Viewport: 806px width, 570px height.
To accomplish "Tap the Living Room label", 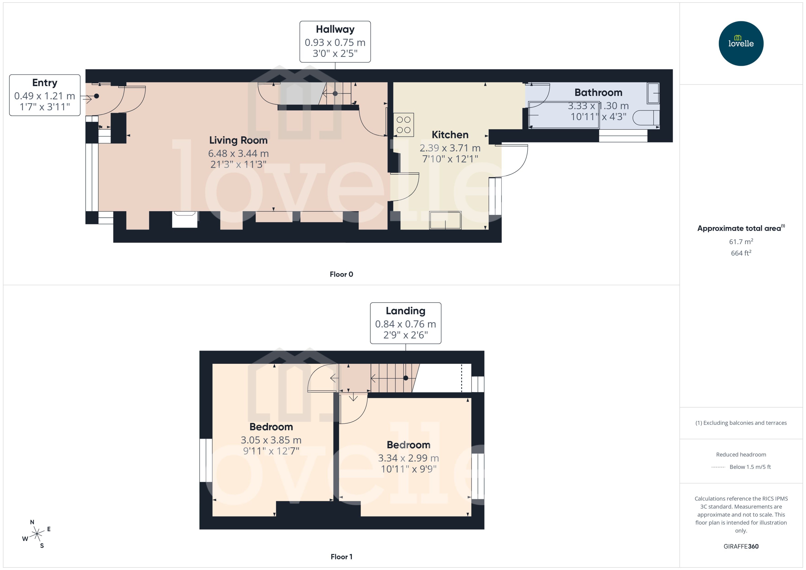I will click(238, 140).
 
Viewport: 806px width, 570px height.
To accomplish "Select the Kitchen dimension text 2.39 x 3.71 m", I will click(450, 148).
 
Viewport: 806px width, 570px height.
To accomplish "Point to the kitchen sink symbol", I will click(445, 220).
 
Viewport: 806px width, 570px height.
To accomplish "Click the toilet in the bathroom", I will click(645, 118).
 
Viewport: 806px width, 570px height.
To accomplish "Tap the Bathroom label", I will click(598, 93).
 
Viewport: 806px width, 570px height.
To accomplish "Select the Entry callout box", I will click(45, 95).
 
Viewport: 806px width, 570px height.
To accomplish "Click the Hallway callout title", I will click(335, 29).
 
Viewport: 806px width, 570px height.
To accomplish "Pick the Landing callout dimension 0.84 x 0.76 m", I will click(405, 324).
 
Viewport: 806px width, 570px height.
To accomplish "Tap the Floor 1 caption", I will click(341, 557).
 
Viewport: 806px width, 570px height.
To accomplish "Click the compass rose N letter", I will click(32, 522).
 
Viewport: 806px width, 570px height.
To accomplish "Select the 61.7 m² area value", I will click(741, 242).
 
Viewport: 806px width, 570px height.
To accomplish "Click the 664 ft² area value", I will click(741, 253).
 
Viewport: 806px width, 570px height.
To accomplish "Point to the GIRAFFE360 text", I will click(741, 547).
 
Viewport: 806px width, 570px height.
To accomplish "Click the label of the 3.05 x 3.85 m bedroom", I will click(271, 427).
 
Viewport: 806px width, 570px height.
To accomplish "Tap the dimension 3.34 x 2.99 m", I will click(408, 458).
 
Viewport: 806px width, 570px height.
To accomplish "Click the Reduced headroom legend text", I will click(741, 454).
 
